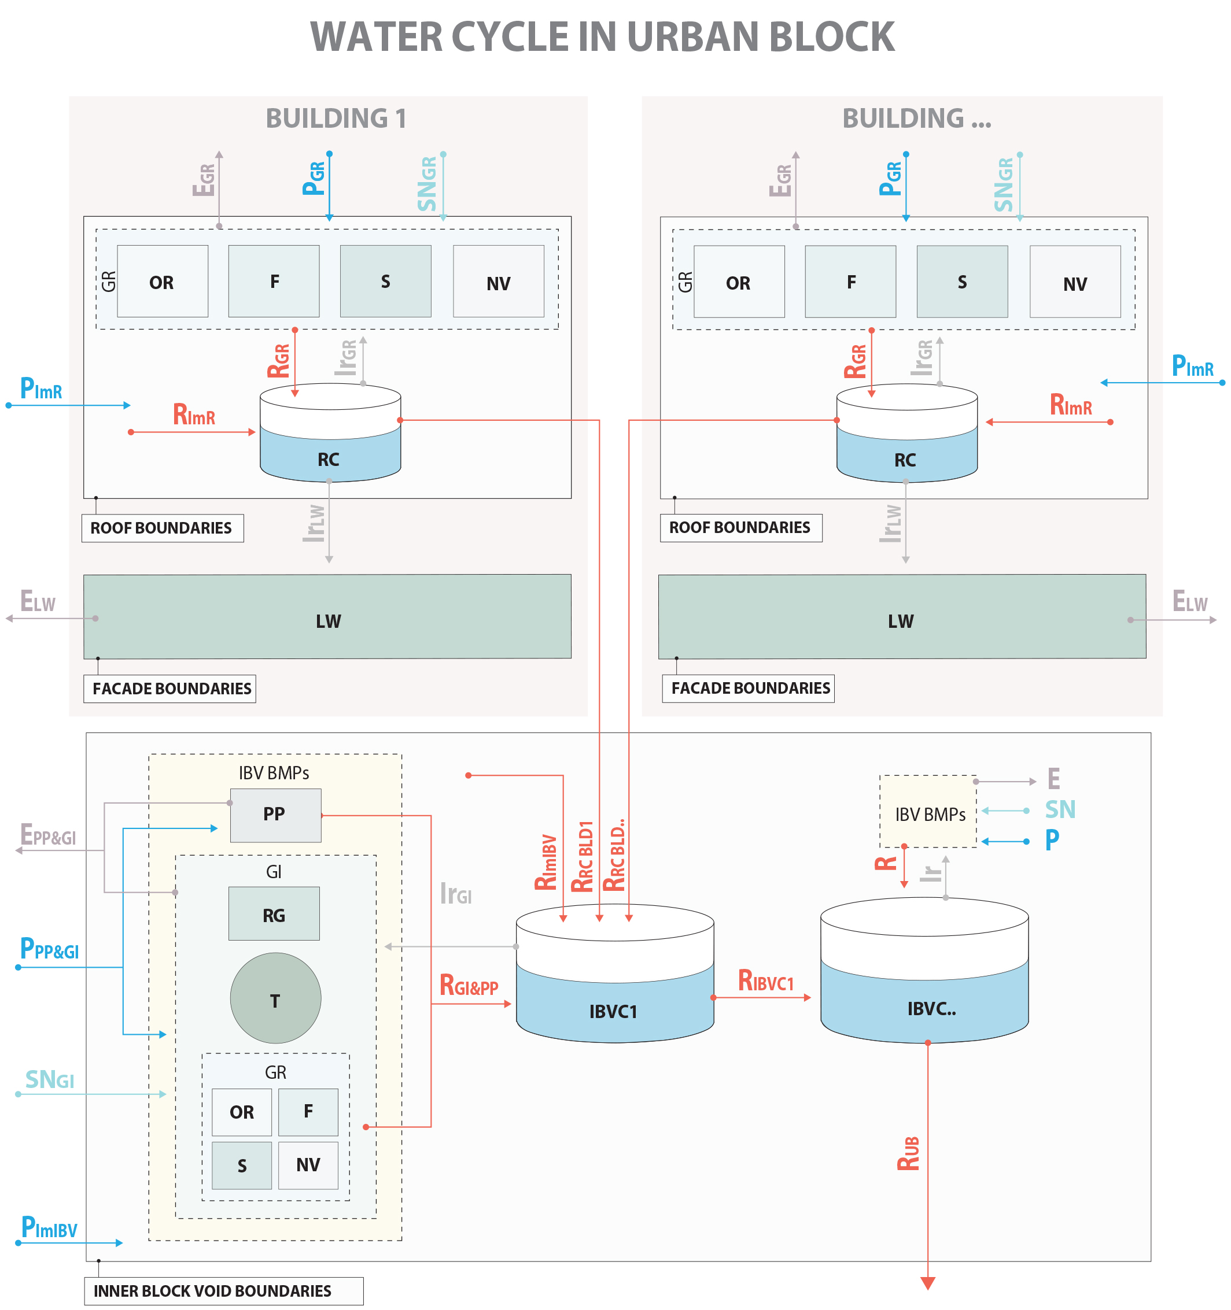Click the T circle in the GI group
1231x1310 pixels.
coord(275,998)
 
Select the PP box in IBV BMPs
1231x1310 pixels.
coord(275,815)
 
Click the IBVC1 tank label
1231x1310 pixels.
coord(613,1011)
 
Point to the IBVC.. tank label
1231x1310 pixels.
coord(930,1008)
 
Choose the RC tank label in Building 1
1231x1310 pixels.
coord(329,459)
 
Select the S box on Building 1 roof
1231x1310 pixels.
coord(385,282)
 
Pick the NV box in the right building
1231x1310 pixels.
coord(1074,283)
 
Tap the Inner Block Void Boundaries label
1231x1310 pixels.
coord(212,1290)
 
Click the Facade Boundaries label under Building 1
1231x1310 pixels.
coord(171,688)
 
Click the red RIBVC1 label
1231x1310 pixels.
coord(765,980)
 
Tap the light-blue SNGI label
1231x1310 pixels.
coord(49,1080)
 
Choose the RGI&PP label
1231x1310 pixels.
coord(468,986)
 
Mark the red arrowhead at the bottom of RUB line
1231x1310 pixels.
coord(927,1283)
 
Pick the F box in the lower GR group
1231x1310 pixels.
coord(308,1112)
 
